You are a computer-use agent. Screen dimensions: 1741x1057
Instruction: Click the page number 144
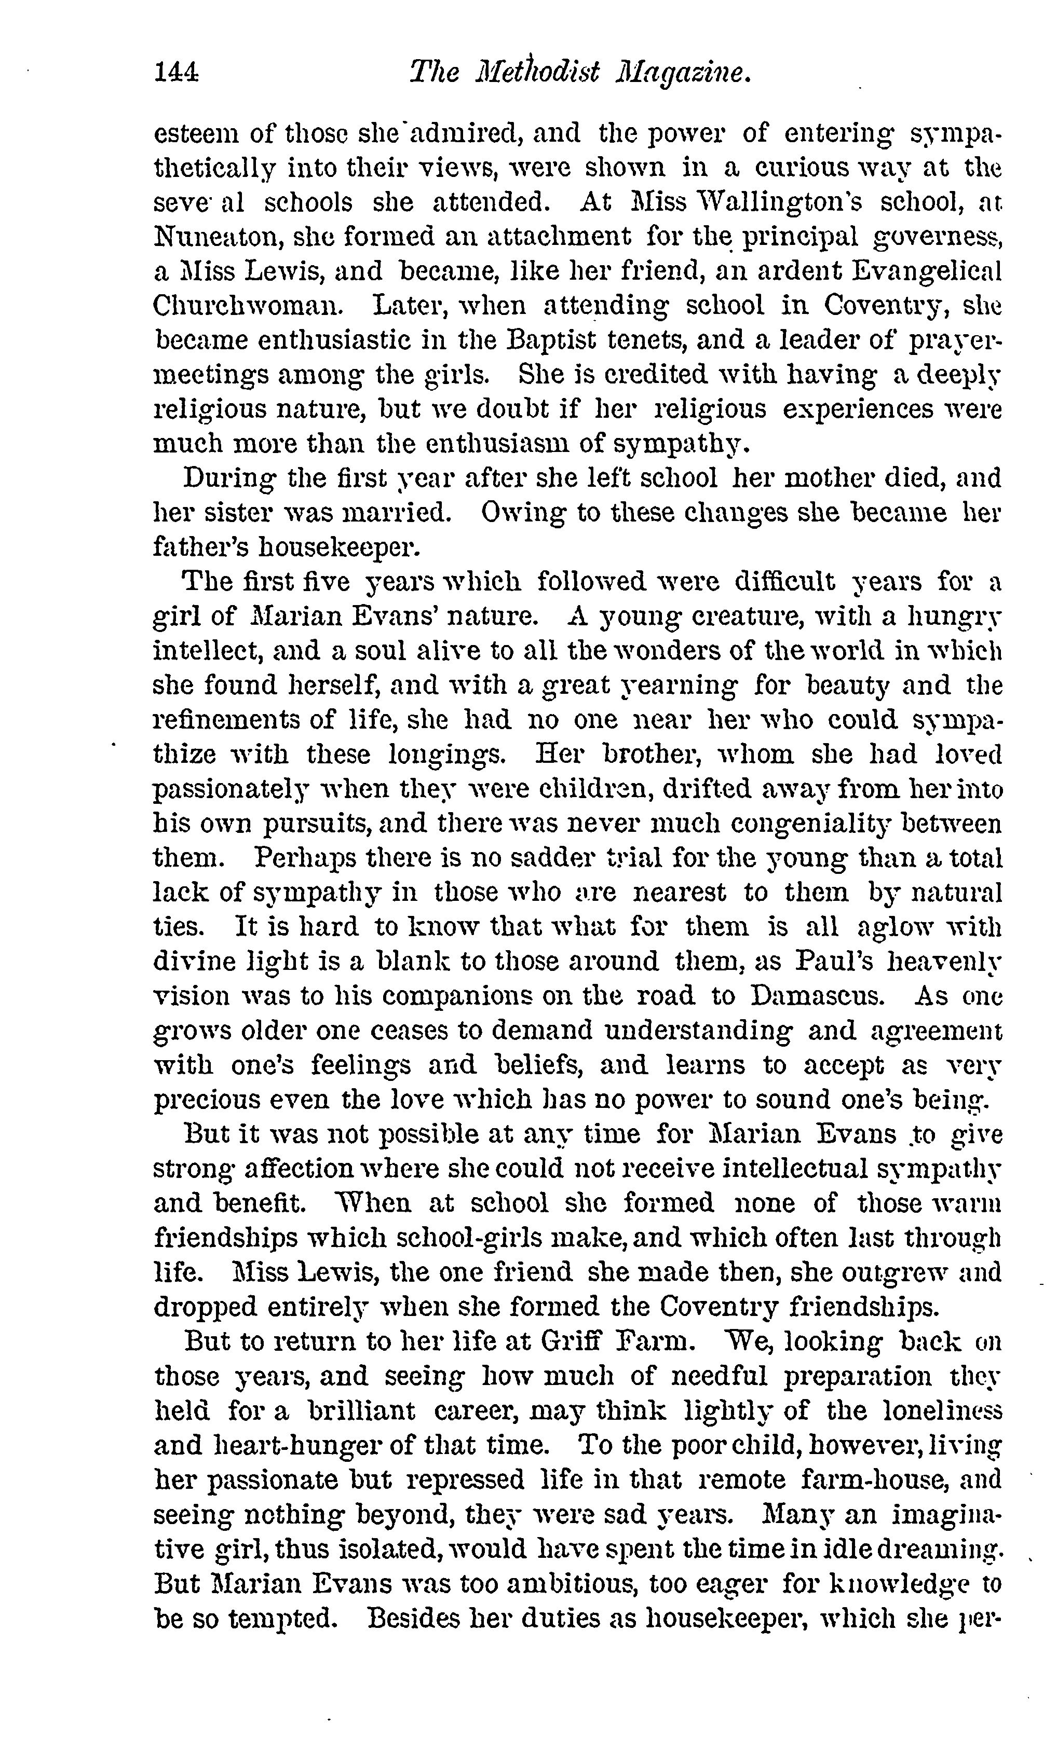tap(176, 72)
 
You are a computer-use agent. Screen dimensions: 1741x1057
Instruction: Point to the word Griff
tap(568, 1340)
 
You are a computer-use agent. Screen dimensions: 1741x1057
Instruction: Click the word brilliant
tap(362, 1410)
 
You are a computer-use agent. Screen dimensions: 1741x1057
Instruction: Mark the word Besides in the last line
tap(416, 1618)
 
